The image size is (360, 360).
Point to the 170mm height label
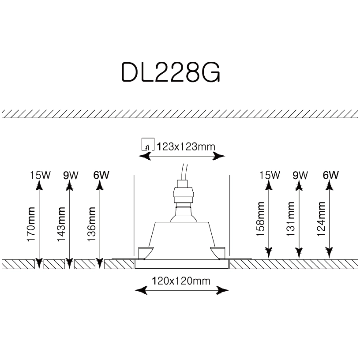click(x=31, y=223)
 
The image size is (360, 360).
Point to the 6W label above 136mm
click(x=101, y=175)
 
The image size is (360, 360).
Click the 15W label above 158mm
click(x=270, y=175)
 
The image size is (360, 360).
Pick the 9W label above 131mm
click(x=300, y=175)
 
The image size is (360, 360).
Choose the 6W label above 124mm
click(x=330, y=175)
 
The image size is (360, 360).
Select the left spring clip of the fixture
click(x=145, y=252)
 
